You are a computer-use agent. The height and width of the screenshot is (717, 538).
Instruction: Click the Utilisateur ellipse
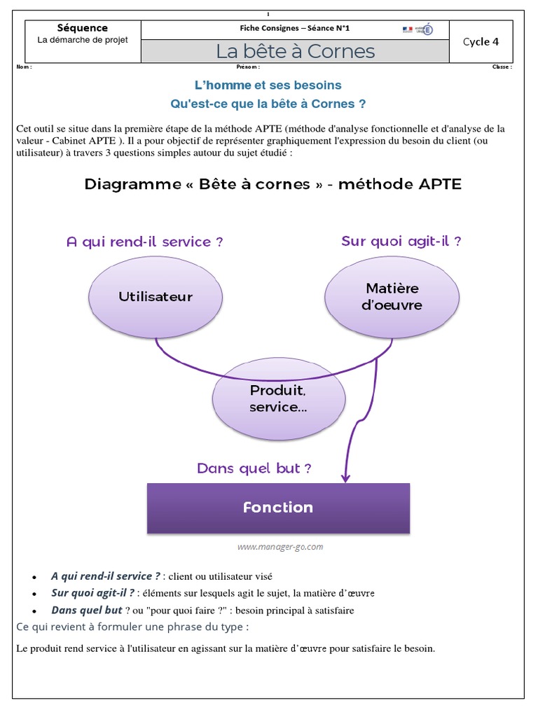pos(156,296)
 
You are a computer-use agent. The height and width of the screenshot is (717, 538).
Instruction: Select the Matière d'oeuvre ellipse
pos(392,296)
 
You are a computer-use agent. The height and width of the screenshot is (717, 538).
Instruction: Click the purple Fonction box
pos(278,508)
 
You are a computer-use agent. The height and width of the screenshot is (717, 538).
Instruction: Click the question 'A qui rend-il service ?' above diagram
pos(144,242)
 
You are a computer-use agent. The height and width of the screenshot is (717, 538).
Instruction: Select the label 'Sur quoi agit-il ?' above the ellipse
pos(401,242)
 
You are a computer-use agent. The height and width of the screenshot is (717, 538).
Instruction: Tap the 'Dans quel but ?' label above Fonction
pos(254,468)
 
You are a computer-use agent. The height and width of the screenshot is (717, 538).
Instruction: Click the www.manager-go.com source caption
pos(280,547)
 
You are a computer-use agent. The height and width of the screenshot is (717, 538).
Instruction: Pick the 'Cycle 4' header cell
pos(481,41)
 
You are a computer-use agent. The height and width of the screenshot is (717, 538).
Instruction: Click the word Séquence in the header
pos(83,28)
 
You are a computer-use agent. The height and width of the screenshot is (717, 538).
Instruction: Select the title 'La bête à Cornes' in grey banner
pos(295,51)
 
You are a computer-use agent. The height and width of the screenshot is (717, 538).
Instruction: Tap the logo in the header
pos(418,29)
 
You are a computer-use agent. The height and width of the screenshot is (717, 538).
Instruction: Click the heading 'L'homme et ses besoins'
pos(268,85)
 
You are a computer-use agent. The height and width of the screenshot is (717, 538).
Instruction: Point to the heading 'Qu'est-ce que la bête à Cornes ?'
pos(268,104)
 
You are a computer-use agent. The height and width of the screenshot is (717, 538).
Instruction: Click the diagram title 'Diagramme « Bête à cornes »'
pos(273,184)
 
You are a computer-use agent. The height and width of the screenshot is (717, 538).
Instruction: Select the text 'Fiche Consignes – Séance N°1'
pos(294,29)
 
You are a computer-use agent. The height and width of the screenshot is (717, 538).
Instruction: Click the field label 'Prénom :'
pos(248,67)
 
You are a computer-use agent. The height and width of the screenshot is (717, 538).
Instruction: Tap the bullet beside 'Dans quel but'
pos(34,611)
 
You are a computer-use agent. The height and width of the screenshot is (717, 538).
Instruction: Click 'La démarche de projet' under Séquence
pos(83,40)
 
